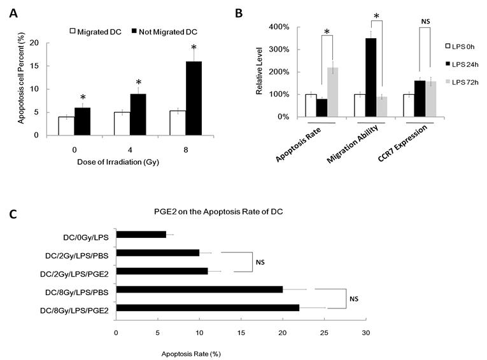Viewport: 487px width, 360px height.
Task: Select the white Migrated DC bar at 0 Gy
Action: click(66, 126)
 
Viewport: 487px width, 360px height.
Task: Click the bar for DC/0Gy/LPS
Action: click(141, 235)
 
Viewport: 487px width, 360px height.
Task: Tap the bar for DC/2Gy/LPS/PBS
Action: click(157, 253)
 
